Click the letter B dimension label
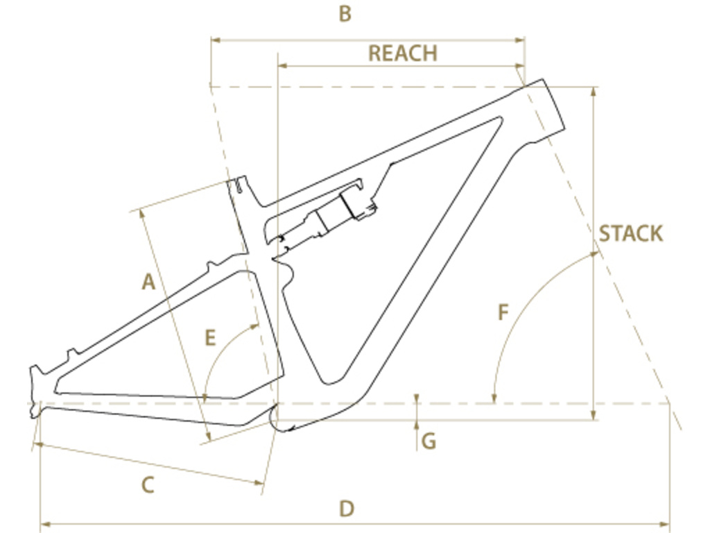[x=345, y=14]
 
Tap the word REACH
[x=403, y=53]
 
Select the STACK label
[x=631, y=234]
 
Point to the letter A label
[x=148, y=282]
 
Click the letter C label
[x=148, y=485]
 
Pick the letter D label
[x=347, y=509]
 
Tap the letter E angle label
[x=210, y=338]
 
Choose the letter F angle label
[x=503, y=313]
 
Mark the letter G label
[x=428, y=441]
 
